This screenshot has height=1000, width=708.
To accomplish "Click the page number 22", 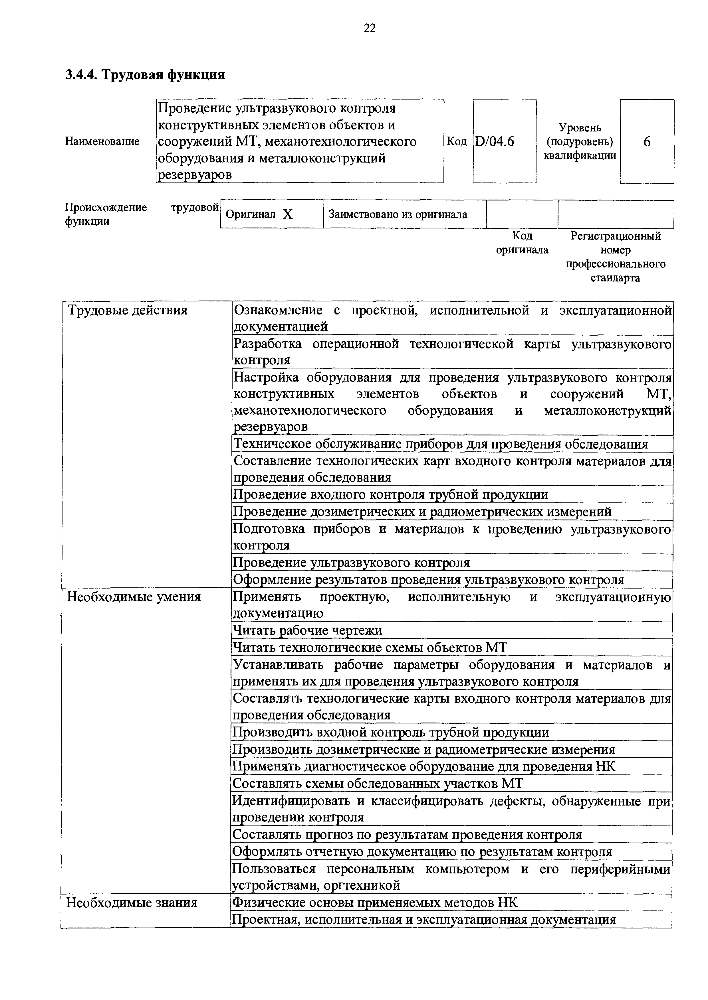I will pyautogui.click(x=369, y=28).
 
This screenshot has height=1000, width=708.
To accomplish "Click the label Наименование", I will pyautogui.click(x=102, y=141).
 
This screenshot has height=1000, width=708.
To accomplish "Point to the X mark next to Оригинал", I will pyautogui.click(x=287, y=214).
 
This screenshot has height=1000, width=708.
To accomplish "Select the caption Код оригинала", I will pyautogui.click(x=522, y=243).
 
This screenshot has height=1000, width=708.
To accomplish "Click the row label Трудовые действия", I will pyautogui.click(x=127, y=310).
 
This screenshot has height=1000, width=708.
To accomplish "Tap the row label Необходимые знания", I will pyautogui.click(x=132, y=902).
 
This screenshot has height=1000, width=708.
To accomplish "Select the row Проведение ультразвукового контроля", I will pyautogui.click(x=351, y=563).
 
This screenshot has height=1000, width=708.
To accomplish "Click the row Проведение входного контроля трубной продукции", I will pyautogui.click(x=391, y=494).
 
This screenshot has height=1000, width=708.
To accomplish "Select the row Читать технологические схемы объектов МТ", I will pyautogui.click(x=370, y=648).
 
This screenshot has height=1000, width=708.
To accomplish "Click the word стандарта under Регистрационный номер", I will pyautogui.click(x=615, y=278).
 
